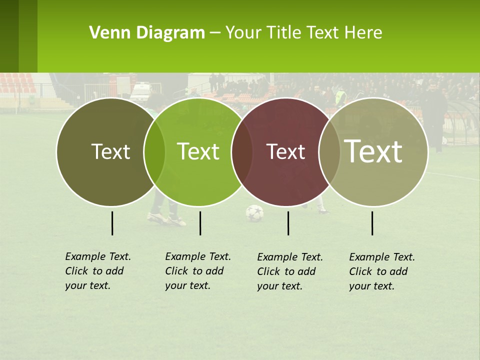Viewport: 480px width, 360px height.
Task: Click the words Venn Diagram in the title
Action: tap(147, 33)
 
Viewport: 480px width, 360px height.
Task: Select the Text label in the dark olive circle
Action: tap(110, 151)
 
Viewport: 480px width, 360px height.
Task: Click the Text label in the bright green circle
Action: tap(198, 151)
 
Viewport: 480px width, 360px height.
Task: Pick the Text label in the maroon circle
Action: tap(285, 151)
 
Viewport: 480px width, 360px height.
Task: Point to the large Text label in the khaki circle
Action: tap(373, 151)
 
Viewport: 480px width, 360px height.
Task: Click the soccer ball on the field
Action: tap(254, 213)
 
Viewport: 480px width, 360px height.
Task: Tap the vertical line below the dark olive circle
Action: tap(112, 223)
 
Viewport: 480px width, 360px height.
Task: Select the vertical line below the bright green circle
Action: tap(200, 223)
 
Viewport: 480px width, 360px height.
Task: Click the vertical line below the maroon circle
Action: tap(288, 223)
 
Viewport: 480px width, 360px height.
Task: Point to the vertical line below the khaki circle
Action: tap(372, 223)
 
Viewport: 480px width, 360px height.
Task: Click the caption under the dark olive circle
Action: tap(97, 271)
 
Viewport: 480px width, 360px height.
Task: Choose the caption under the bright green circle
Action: tap(197, 271)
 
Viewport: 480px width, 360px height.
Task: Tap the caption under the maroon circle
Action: tap(289, 271)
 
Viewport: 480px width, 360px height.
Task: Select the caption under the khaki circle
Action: tap(381, 271)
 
